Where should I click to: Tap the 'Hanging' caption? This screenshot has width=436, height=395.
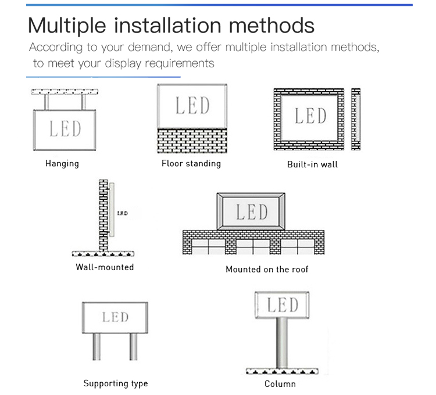[x=62, y=164]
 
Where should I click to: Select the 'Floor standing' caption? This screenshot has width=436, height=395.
[x=191, y=163]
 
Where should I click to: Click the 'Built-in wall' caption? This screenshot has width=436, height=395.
[x=312, y=164]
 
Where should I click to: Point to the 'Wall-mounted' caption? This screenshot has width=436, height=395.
[x=105, y=267]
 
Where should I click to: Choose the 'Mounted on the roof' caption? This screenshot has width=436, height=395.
[x=267, y=269]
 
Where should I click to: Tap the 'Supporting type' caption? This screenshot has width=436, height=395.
[x=116, y=383]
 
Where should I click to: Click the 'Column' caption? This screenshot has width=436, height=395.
[x=280, y=383]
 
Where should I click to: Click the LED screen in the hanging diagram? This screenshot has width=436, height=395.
[x=65, y=128]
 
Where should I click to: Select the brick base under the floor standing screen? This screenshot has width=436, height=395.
[x=192, y=141]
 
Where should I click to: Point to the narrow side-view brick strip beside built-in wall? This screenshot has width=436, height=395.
[x=356, y=119]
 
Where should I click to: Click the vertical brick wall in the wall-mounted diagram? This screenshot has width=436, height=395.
[x=103, y=215]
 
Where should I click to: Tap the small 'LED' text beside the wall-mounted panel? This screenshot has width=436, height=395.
[x=122, y=214]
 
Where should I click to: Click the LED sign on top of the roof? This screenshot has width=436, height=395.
[x=251, y=211]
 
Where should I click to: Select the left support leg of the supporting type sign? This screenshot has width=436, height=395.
[x=97, y=347]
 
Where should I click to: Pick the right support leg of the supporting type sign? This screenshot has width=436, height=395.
[x=134, y=347]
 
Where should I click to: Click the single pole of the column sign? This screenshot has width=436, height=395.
[x=281, y=343]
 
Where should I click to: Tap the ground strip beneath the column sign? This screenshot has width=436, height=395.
[x=281, y=371]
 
